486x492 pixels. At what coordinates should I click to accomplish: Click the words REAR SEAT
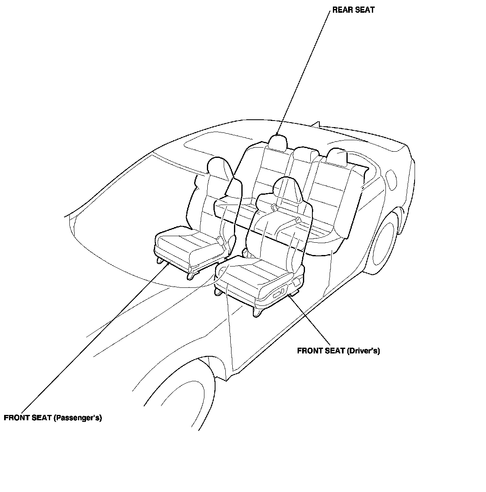click(353, 10)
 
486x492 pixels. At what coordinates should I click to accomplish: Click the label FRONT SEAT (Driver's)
click(338, 351)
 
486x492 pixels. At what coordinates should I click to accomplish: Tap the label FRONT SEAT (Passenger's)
click(53, 418)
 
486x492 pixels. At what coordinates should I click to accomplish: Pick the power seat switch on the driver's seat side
click(278, 292)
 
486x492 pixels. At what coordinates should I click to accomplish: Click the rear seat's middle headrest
click(306, 155)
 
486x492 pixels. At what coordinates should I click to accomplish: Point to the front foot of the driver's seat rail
click(258, 312)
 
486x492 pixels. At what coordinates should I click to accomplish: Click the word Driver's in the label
click(363, 351)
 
